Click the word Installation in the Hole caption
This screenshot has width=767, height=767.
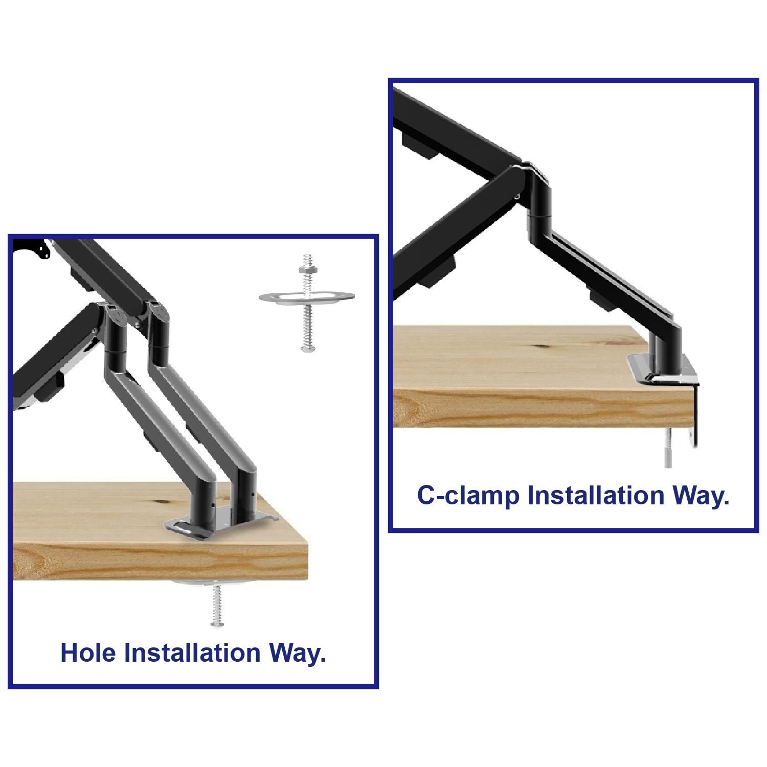193,653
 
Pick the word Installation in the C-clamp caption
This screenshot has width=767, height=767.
596,496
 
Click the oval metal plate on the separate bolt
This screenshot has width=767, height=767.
307,298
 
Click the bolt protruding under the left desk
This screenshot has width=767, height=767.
217,606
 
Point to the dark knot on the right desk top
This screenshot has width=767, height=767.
542,346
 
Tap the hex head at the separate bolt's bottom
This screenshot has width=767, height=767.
307,348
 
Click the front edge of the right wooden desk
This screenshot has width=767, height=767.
543,409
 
